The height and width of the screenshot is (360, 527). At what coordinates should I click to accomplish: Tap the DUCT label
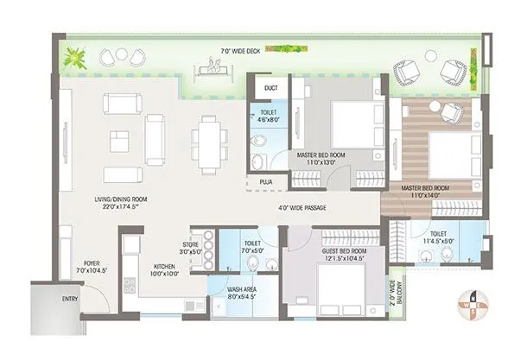tap(270, 87)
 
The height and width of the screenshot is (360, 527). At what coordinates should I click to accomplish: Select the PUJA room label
tap(266, 182)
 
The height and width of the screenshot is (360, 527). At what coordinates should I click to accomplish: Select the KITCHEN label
tap(164, 269)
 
